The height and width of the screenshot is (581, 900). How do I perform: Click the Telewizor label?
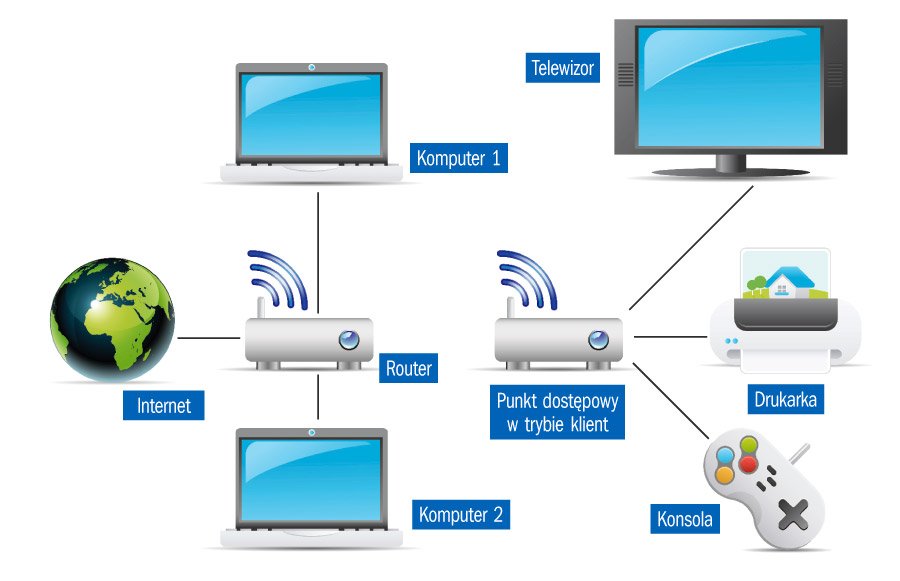coord(563,68)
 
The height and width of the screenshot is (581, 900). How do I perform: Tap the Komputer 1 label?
coord(459,157)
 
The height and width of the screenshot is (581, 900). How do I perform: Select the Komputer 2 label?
coord(461,515)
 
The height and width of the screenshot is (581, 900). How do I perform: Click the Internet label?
coord(164,406)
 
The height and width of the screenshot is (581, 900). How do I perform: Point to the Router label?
coord(409,369)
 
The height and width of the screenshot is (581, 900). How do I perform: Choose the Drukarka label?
coord(788,401)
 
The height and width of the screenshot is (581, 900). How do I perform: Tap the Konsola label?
coord(685,519)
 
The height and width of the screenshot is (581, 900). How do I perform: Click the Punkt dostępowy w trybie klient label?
coord(557,413)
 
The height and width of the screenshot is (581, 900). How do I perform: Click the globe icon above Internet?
coord(112,317)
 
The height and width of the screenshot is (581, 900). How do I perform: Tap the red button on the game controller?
coord(747,465)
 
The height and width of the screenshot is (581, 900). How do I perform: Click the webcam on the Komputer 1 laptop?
coord(312,69)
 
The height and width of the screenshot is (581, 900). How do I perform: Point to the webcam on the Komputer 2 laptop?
coord(312,433)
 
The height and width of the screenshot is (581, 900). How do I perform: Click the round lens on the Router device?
coord(348,340)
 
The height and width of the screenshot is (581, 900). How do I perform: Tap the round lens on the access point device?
coord(598,340)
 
